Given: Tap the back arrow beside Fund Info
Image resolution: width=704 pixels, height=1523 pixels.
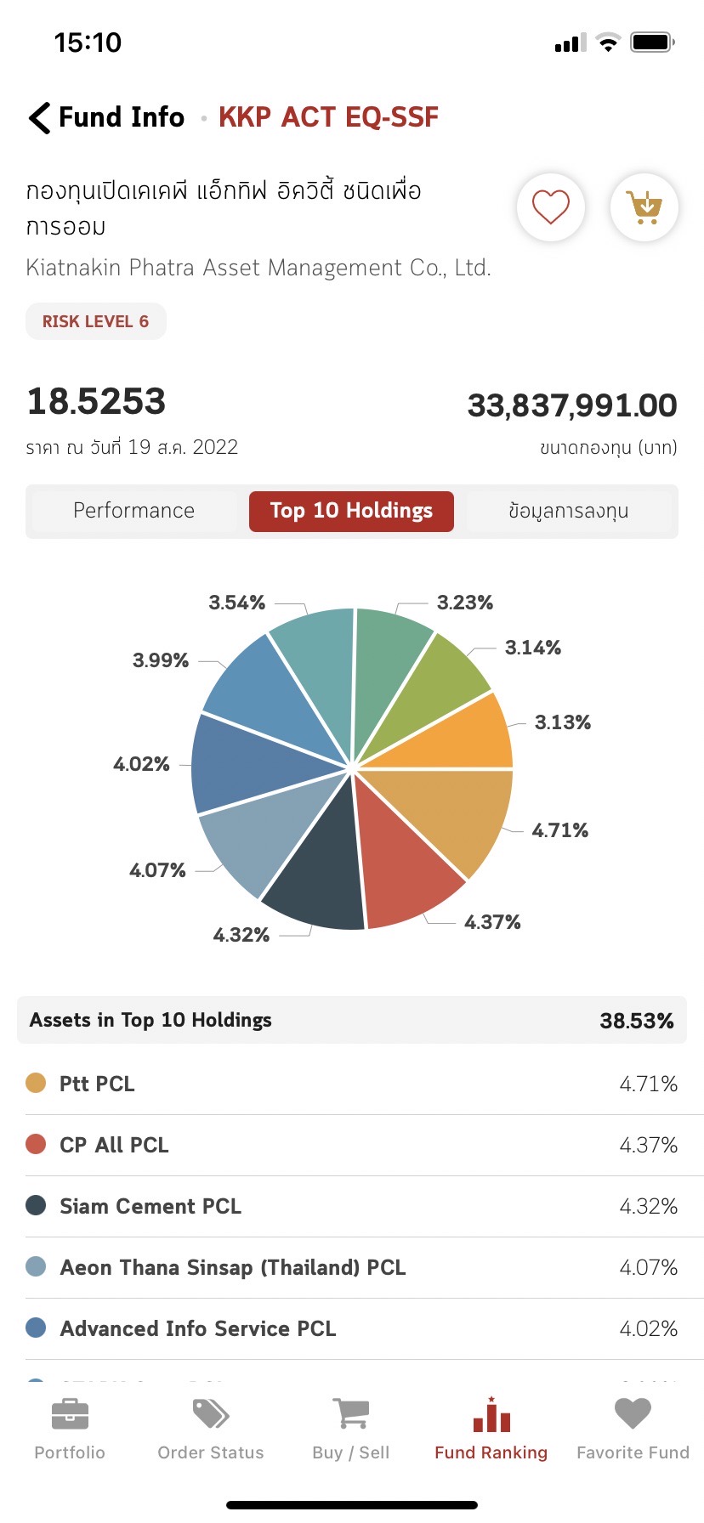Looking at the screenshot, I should (39, 117).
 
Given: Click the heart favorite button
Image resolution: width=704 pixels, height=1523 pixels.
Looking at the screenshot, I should (550, 207).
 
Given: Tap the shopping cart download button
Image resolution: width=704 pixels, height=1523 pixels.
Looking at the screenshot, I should (644, 207).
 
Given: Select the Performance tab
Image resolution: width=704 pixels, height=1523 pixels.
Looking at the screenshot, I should (133, 511).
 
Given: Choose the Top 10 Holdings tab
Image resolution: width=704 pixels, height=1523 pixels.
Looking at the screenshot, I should (351, 511).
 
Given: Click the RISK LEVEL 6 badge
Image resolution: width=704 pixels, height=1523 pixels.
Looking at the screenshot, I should (95, 321).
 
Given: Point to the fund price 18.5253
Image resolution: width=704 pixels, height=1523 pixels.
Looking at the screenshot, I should (96, 401).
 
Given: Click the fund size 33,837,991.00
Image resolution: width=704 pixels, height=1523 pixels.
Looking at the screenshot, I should (572, 405).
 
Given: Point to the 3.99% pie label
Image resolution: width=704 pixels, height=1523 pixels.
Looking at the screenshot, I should (161, 660).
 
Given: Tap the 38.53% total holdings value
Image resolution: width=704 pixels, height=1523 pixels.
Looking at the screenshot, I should (636, 1021).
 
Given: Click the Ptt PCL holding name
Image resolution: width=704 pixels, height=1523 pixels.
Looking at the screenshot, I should (97, 1084).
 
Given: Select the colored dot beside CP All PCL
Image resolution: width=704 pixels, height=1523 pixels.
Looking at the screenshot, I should (36, 1144).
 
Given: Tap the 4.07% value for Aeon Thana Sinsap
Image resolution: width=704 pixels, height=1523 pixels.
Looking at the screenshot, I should (648, 1267).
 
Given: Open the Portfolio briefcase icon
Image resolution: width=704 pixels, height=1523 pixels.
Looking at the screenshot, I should (70, 1414).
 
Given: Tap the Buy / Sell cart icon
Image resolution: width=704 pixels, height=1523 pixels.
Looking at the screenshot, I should (350, 1414).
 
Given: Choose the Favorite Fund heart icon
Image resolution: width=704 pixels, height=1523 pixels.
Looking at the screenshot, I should (633, 1414).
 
